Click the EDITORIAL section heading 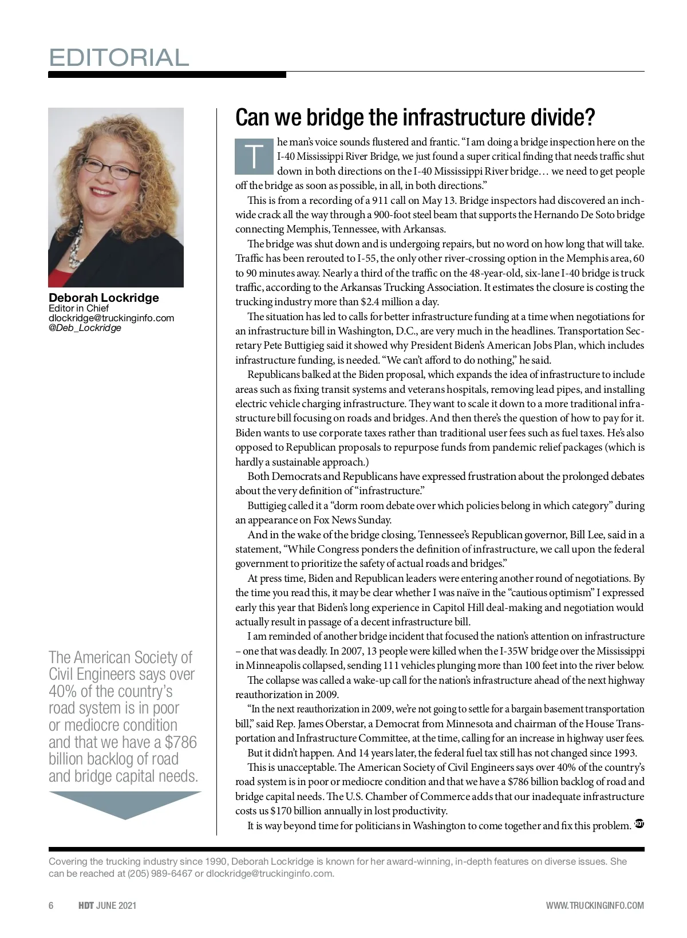tap(119, 58)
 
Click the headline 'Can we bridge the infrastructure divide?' tap(415, 117)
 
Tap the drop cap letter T tap(254, 156)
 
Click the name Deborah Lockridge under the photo tap(104, 298)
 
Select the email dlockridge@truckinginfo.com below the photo tap(111, 318)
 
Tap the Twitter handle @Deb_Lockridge tap(85, 328)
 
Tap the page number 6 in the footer tap(51, 905)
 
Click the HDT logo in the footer tap(86, 905)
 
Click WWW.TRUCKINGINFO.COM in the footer tap(595, 905)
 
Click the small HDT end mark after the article tap(639, 824)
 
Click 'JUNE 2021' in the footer tap(116, 905)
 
